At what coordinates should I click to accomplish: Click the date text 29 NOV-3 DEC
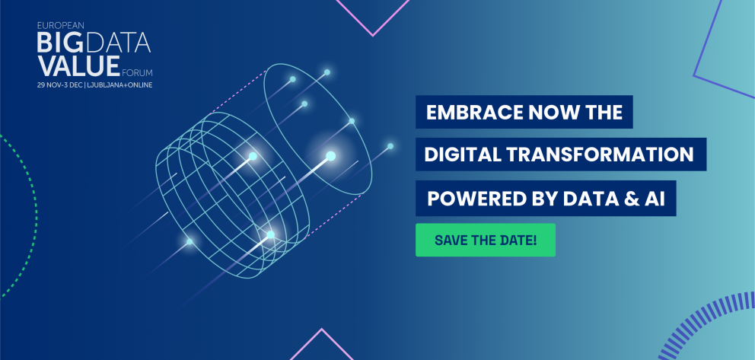[x=60, y=84]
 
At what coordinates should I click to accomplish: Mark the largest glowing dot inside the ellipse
[x=330, y=156]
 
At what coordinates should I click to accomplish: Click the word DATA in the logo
[x=121, y=42]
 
